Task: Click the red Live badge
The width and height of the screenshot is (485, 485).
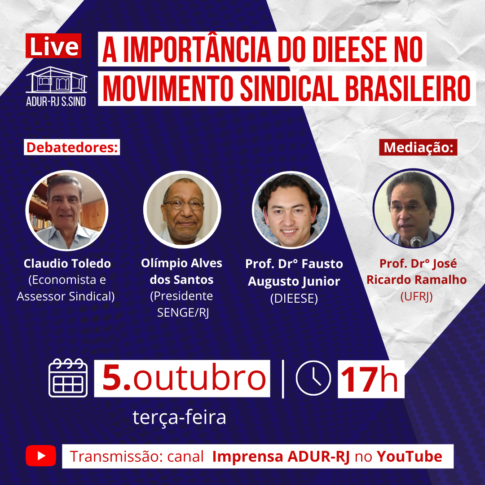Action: (53, 46)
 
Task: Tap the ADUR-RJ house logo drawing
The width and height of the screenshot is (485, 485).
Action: (56, 79)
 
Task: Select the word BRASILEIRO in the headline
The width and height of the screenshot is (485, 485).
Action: (407, 88)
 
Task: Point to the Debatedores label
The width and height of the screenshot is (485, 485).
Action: (72, 147)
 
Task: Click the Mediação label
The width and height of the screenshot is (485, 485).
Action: (418, 147)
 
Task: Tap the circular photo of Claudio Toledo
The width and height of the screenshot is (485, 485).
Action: (67, 210)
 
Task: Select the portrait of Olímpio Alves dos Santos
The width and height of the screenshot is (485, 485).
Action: (182, 210)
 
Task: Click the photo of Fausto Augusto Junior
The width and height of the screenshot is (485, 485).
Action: (291, 210)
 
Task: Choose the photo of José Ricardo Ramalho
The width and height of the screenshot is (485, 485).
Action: (413, 208)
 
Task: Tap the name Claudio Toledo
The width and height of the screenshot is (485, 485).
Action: (67, 264)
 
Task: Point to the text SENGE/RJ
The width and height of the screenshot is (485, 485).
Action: (183, 313)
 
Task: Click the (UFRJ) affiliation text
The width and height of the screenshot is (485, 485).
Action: (416, 297)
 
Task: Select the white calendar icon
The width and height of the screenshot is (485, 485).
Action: (68, 378)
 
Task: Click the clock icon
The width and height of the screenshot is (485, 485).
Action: (313, 378)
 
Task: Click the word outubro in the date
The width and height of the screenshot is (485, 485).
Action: (199, 378)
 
